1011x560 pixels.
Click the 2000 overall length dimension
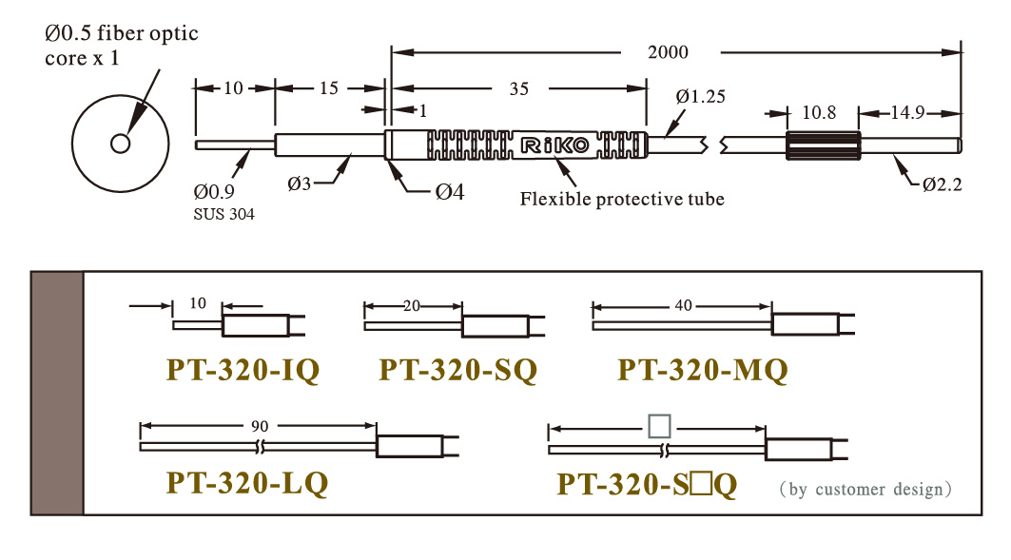(668, 52)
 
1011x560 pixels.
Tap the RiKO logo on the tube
(554, 145)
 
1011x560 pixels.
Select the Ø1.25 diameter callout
(700, 97)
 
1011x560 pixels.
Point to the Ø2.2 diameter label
(942, 185)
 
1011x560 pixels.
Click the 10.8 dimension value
(819, 113)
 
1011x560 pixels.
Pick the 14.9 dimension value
(908, 113)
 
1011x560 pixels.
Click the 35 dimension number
(519, 89)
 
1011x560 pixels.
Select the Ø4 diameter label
(450, 191)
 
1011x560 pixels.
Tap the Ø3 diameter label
(300, 183)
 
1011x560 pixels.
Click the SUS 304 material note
(224, 214)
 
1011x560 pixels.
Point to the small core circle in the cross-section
(121, 143)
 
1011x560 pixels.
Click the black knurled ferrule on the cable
(823, 145)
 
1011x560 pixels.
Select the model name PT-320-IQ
(243, 371)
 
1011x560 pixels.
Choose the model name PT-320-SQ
(457, 371)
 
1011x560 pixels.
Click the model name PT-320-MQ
(703, 371)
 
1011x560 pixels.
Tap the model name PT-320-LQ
(247, 483)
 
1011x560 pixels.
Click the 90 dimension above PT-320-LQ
(260, 426)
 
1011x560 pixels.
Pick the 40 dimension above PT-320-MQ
(684, 305)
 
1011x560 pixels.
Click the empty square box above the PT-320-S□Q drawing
(660, 426)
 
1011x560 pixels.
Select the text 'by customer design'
(865, 489)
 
